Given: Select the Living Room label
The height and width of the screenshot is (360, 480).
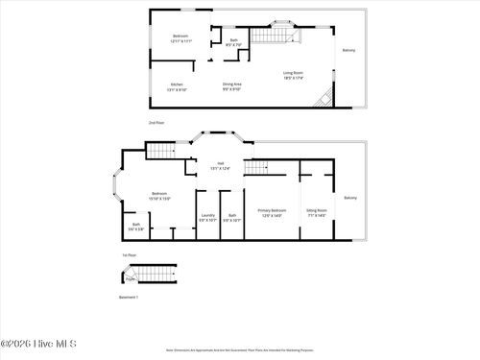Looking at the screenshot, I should tap(294, 76).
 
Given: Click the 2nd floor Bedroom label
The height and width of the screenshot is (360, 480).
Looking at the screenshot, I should tap(181, 38).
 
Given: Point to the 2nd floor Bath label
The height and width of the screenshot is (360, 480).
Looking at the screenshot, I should tap(233, 41).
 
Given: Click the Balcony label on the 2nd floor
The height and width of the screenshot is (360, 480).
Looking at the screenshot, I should tap(348, 50).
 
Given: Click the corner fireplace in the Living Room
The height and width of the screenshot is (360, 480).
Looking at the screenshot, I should tap(327, 98).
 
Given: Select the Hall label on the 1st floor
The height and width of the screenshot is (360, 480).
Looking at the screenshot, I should tap(221, 165).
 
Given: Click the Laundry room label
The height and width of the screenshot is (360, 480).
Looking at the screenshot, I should tap(206, 218).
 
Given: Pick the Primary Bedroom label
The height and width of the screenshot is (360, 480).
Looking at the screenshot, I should tap(272, 212).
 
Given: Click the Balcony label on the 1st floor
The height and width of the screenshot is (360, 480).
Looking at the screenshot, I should tap(350, 198).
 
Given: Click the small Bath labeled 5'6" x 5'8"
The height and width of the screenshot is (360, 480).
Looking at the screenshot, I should tap(135, 228).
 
